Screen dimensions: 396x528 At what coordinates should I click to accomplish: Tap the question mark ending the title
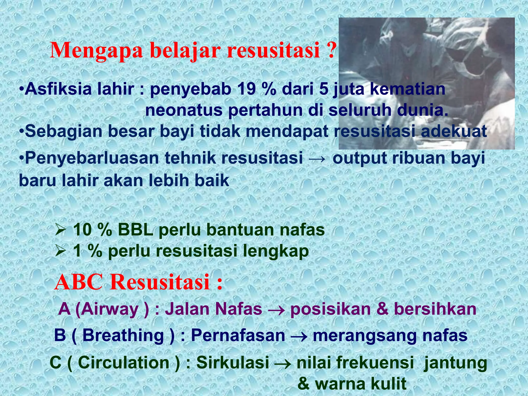pyautogui.click(x=331, y=50)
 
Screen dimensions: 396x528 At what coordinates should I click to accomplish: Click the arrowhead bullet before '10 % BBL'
pyautogui.click(x=61, y=230)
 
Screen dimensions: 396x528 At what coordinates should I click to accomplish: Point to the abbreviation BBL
pyautogui.click(x=136, y=230)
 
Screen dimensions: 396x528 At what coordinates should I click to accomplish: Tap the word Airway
pyautogui.click(x=111, y=309)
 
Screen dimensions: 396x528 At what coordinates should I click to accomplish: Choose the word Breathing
pyautogui.click(x=123, y=336)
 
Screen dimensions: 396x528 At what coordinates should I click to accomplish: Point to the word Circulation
pyautogui.click(x=124, y=363)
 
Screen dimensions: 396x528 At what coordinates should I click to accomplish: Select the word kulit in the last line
pyautogui.click(x=386, y=384)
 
